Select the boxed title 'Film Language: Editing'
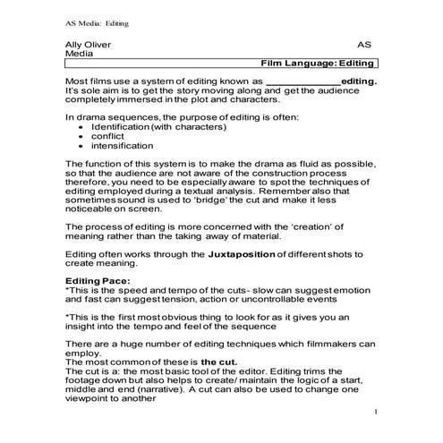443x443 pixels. pyautogui.click(x=317, y=65)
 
